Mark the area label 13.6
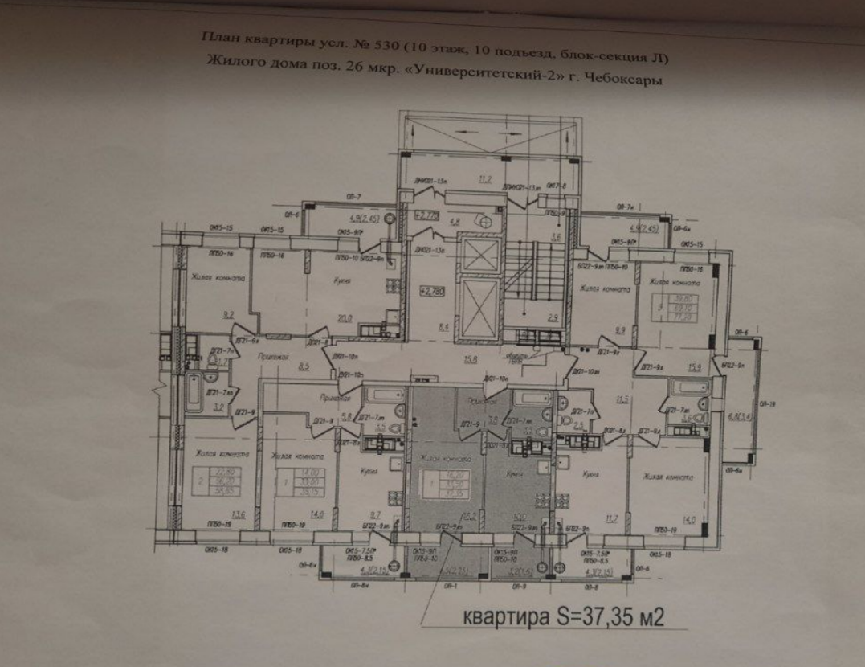tap(216, 515)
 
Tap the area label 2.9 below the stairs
tap(553, 319)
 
